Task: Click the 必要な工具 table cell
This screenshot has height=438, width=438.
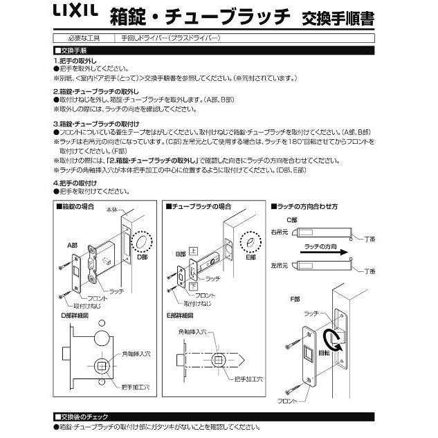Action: tap(84, 39)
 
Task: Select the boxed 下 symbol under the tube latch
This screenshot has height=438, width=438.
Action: tap(194, 285)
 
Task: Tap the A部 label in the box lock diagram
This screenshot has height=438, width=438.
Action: tap(72, 245)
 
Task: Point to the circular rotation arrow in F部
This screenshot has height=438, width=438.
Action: tap(338, 340)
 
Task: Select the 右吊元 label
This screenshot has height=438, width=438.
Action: tap(280, 233)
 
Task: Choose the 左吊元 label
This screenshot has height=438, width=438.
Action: tap(280, 264)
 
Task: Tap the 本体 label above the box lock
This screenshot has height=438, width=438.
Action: tap(112, 210)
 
